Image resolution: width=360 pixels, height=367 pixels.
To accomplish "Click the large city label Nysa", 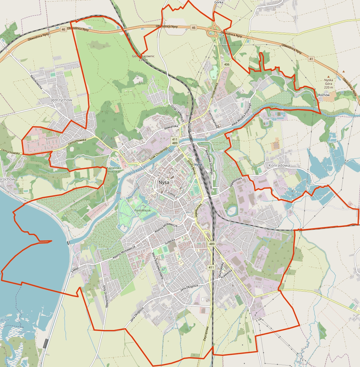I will (x=164, y=182).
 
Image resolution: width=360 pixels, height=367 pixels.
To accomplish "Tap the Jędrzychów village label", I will (x=61, y=100).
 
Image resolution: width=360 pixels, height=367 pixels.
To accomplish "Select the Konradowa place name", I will (x=279, y=165).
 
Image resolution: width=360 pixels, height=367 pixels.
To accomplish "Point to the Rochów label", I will (x=324, y=95).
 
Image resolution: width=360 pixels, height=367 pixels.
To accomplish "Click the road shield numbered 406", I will (x=227, y=64).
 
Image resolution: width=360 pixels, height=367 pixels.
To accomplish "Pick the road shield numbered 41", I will (x=311, y=59).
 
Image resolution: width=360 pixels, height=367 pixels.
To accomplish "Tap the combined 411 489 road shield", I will (x=175, y=141).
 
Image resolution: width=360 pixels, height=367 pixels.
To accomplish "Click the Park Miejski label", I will (x=143, y=210).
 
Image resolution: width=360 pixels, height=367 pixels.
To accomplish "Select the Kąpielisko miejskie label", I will (x=113, y=170).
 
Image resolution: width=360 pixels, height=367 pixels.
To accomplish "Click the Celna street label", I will (x=172, y=194).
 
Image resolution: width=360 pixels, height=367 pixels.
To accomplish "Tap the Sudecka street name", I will (x=170, y=241).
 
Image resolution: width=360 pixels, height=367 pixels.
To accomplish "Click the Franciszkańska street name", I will (x=213, y=119).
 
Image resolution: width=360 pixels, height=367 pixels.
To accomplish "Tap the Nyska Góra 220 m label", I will (x=329, y=84).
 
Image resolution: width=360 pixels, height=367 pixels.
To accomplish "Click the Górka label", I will (x=218, y=2).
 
